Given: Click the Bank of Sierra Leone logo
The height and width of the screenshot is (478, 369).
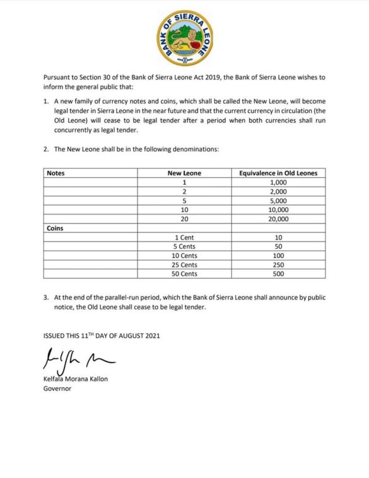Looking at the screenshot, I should point(184,38).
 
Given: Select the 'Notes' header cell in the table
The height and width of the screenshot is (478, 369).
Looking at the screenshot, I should point(56,173).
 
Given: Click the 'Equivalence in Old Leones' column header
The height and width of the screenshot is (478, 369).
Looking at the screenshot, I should point(278,173).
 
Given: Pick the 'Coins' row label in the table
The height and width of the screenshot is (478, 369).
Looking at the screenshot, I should point(56,229).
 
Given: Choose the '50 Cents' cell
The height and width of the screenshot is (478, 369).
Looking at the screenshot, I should point(185,274).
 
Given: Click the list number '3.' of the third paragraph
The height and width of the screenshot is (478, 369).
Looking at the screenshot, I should point(46,298).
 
